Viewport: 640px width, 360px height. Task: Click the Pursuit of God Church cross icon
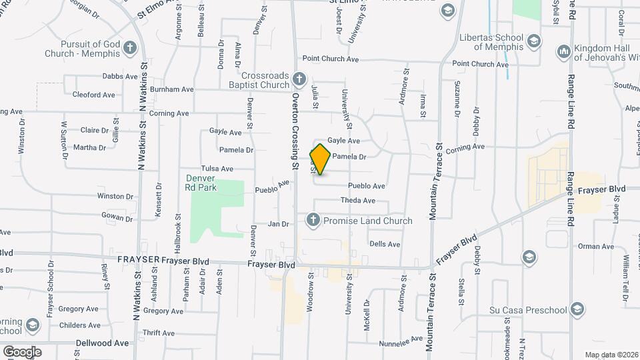click(x=129, y=48)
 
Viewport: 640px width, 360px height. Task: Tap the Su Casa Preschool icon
click(x=577, y=309)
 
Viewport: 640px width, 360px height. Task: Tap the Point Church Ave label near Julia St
click(x=331, y=59)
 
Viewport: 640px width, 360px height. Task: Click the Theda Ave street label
click(x=358, y=201)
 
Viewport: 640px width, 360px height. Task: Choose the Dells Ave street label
click(x=385, y=244)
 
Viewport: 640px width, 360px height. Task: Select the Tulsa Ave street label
click(x=217, y=169)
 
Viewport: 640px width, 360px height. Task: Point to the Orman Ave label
click(x=596, y=247)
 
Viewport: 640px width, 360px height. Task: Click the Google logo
click(x=22, y=351)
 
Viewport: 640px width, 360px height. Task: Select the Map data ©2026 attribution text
click(x=611, y=355)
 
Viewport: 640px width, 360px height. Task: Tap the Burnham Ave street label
click(x=171, y=89)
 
